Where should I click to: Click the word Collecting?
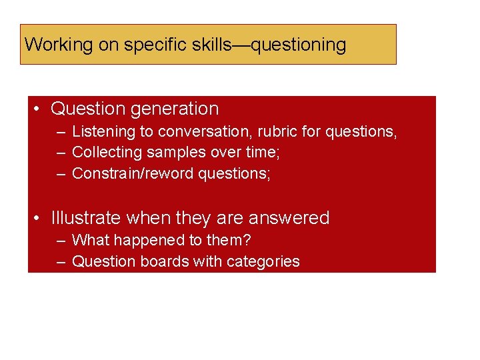[107, 153]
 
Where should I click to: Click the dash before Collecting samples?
[61, 153]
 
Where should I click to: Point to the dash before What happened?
[61, 240]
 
